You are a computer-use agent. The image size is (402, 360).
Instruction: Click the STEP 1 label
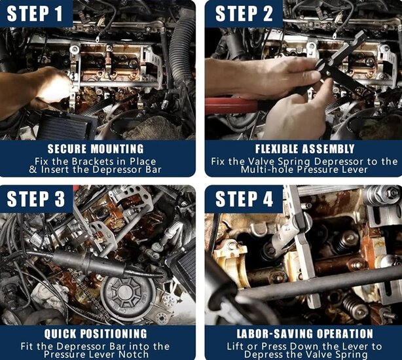(x=35, y=14)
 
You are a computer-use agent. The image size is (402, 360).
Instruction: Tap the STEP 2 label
(x=244, y=14)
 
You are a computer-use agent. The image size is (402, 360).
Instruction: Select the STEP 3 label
(x=35, y=199)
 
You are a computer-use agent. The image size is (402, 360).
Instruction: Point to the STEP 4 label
(x=244, y=199)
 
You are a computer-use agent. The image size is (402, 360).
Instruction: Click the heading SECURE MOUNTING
(x=96, y=149)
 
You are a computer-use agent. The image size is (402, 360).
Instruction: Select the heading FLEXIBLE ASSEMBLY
(x=305, y=149)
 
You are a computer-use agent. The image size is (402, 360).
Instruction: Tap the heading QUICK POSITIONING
(x=96, y=334)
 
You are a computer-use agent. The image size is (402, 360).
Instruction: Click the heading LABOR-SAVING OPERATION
(x=304, y=334)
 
